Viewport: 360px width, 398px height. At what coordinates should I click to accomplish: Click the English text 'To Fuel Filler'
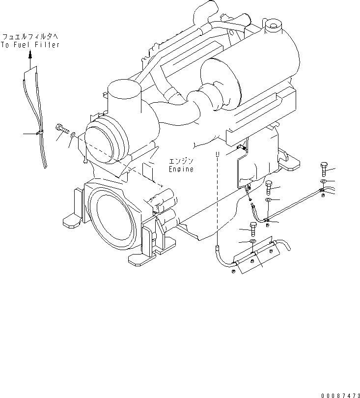[30, 45]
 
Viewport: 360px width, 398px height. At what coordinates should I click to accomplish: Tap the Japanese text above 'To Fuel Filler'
[30, 37]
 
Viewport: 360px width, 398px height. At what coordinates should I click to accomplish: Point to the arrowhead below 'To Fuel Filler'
[30, 56]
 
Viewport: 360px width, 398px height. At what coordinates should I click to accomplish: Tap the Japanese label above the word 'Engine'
[181, 161]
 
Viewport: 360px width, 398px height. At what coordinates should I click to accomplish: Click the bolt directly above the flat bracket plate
[253, 228]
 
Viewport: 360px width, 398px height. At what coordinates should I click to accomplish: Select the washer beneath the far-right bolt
[323, 181]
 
